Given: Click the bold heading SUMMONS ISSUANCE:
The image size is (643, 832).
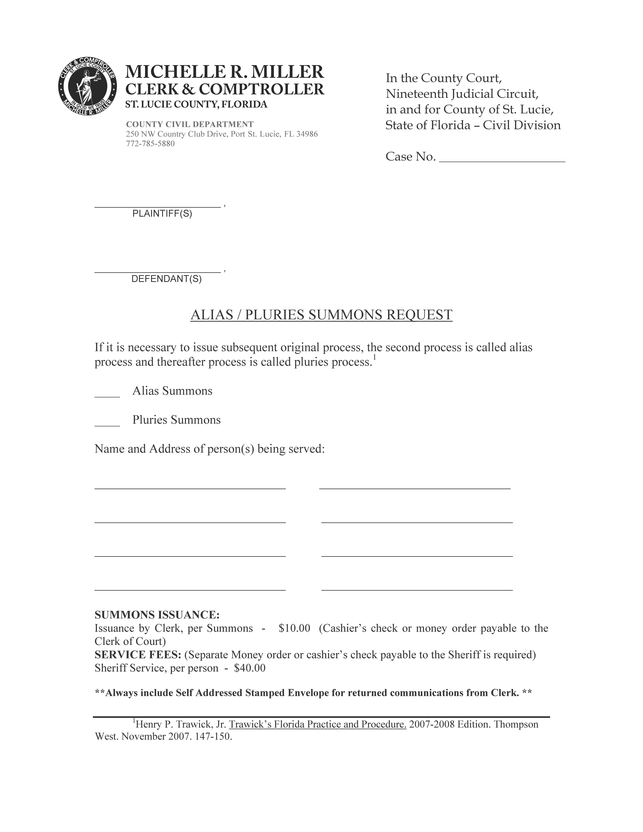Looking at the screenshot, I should click(x=157, y=615).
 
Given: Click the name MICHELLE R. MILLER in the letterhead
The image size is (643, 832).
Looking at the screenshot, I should click(x=224, y=72).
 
